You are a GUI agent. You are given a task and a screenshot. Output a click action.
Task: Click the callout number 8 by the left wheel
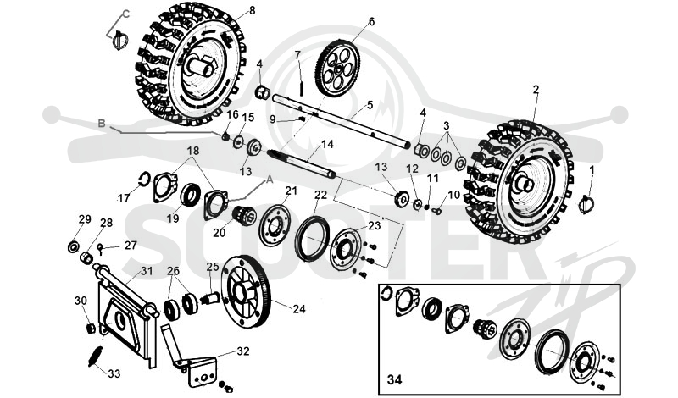point(253,10)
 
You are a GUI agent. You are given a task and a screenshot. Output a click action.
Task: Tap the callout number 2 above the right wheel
point(536,90)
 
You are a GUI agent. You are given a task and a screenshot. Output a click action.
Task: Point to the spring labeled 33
point(96,357)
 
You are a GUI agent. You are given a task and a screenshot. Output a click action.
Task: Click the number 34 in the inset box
point(394,380)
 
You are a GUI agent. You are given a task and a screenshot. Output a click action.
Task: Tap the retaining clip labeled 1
point(586,203)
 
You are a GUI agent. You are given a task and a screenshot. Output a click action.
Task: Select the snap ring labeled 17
point(144,179)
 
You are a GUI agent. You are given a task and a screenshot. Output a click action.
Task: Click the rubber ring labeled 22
point(312,239)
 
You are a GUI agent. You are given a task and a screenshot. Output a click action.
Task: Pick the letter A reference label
point(269,180)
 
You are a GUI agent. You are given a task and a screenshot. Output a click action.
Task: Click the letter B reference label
point(102,124)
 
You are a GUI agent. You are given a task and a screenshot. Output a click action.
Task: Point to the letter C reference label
point(125,14)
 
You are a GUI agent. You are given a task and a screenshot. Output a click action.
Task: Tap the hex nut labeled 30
point(91,328)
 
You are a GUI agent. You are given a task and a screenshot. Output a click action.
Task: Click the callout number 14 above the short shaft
point(327,144)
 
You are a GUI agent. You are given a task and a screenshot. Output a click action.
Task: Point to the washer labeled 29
point(74,247)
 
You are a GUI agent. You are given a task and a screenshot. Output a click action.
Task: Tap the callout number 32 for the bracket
point(243,351)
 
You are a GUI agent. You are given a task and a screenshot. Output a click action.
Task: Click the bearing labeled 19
point(190,195)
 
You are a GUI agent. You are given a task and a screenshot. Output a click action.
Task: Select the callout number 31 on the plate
point(147,271)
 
